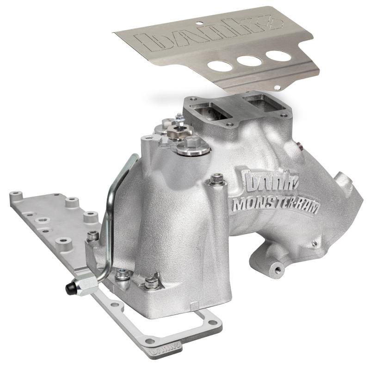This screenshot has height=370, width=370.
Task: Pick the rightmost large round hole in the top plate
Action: tap(278, 55)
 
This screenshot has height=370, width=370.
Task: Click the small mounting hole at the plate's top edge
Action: tap(197, 22)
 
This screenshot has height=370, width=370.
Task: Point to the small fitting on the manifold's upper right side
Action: tap(296, 145)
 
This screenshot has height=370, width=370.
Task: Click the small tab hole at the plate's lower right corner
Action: tap(277, 87)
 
